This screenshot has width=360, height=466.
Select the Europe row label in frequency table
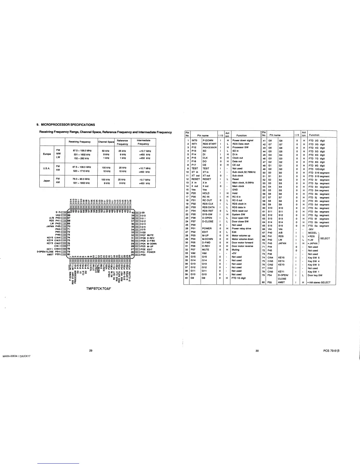coord(47,154)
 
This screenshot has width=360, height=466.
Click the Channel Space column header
coord(106,142)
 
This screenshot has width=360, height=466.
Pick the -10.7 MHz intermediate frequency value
coord(144,179)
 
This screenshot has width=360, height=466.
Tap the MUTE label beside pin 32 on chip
coord(150,235)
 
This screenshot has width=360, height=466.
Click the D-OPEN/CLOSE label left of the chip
coord(45,252)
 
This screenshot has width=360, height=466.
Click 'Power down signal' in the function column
coord(243,140)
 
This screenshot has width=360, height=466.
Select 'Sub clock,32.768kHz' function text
coord(244,172)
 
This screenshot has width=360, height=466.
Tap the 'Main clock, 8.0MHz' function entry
coord(243,183)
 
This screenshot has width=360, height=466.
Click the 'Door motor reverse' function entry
coord(242,246)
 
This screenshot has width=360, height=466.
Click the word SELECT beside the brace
coord(325,238)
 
